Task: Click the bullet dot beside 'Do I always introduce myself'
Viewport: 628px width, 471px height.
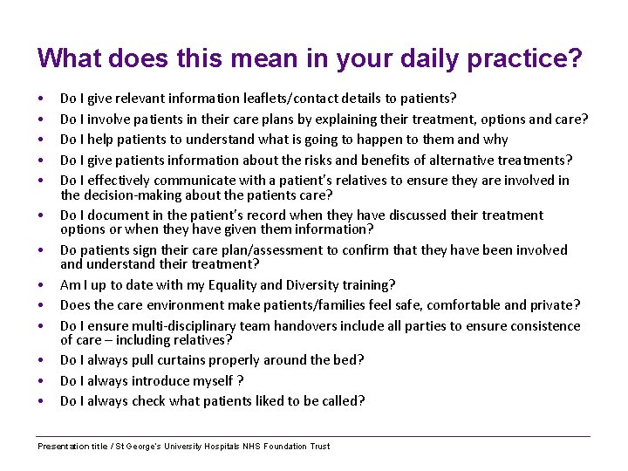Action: pos(41,380)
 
